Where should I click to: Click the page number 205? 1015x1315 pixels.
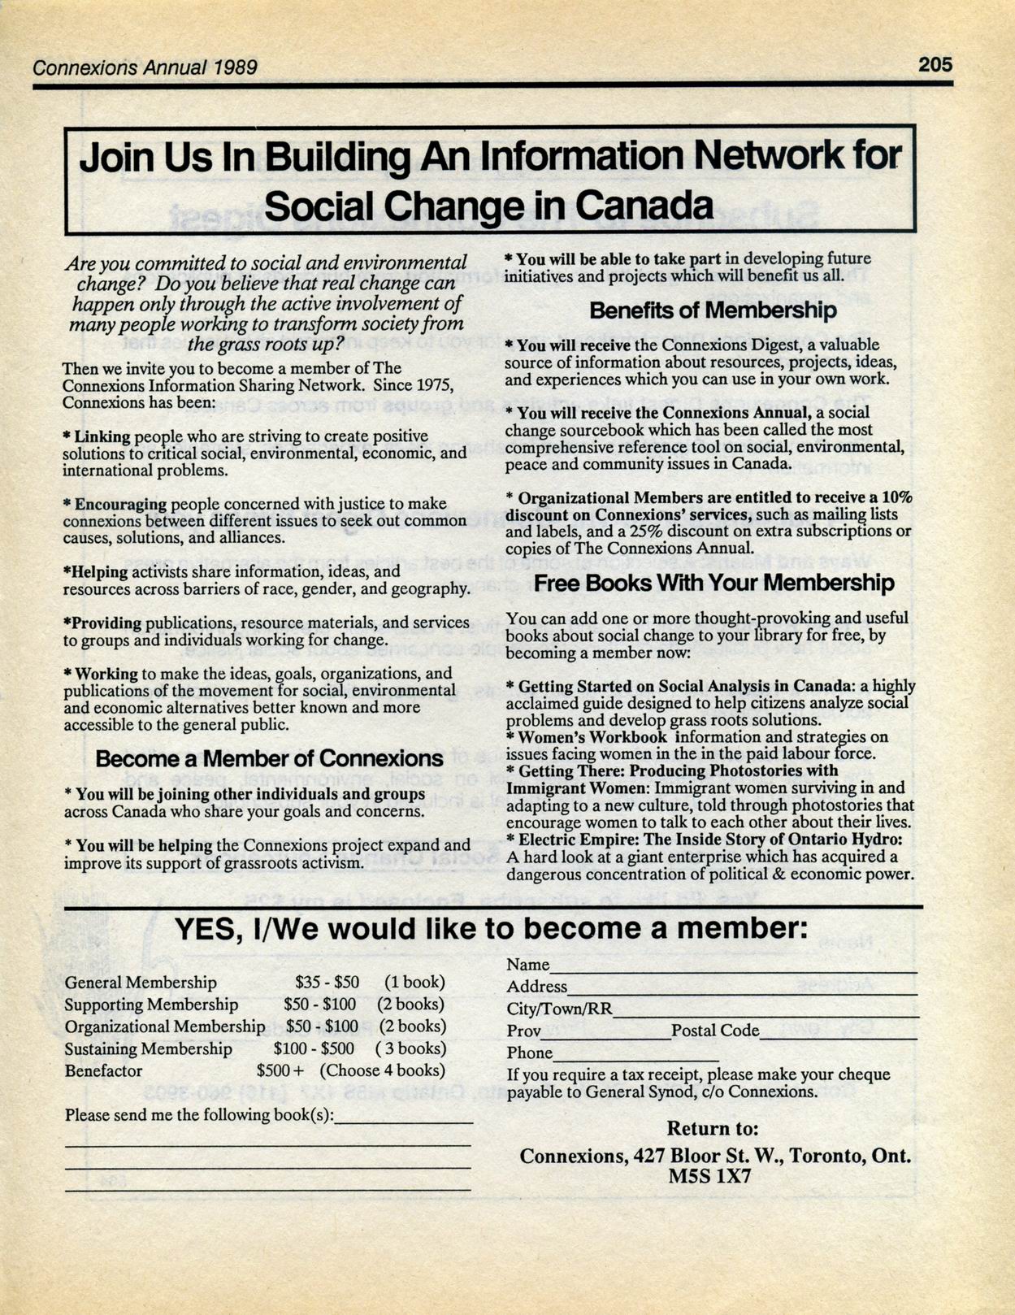[x=935, y=64]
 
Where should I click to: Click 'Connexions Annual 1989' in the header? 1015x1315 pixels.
[x=145, y=67]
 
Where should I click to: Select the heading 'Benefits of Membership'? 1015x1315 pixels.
[x=713, y=310]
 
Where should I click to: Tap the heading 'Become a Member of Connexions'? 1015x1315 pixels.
[x=269, y=759]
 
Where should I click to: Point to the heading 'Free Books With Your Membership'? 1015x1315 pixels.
[x=714, y=583]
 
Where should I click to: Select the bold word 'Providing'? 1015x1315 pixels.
[x=107, y=623]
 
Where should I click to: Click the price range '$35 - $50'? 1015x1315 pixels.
[x=327, y=983]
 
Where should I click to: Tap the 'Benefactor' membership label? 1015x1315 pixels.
[x=103, y=1071]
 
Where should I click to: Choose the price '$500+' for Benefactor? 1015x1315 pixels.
[x=280, y=1071]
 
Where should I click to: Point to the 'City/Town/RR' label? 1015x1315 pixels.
[x=559, y=1009]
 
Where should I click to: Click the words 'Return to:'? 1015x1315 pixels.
[x=713, y=1129]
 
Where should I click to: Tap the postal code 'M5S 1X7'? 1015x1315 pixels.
[x=709, y=1176]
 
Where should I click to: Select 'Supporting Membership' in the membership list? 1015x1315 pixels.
[x=151, y=1005]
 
